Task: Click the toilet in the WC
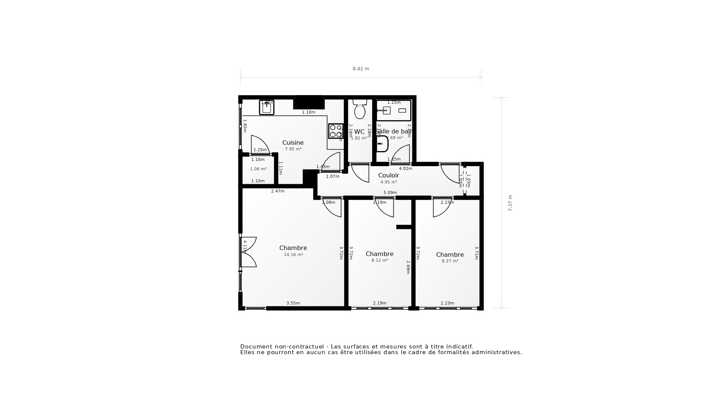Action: [360, 109]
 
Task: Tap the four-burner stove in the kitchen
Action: [335, 131]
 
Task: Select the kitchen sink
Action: [267, 108]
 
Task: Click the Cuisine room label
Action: [293, 142]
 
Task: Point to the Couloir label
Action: [388, 175]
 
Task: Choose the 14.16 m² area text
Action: [293, 255]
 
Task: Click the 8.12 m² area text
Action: [379, 260]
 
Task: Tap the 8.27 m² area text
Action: [450, 261]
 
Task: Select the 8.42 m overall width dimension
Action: [361, 69]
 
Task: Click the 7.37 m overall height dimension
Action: [510, 203]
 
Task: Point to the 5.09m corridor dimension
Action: [390, 192]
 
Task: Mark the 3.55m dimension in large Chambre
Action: [293, 303]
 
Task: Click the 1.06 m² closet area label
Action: [258, 169]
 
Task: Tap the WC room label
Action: [359, 132]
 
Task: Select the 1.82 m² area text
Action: [359, 138]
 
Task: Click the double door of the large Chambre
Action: [249, 252]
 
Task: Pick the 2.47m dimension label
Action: [278, 191]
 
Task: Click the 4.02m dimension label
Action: [405, 168]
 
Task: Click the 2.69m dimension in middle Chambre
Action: [408, 267]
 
